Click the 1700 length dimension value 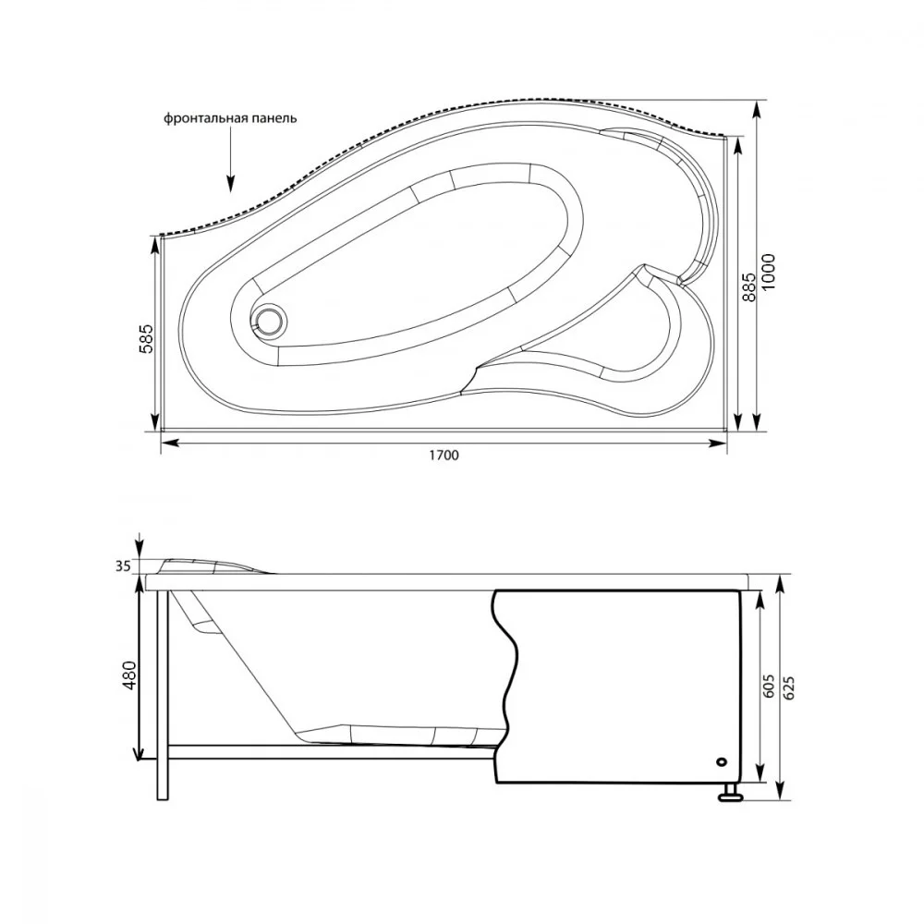[x=444, y=455]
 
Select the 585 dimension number [x=145, y=338]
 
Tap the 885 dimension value [x=748, y=286]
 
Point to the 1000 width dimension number [x=769, y=271]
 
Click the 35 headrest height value [x=122, y=567]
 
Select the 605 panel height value [x=769, y=687]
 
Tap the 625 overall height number [x=790, y=687]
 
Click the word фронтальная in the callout [x=206, y=118]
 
